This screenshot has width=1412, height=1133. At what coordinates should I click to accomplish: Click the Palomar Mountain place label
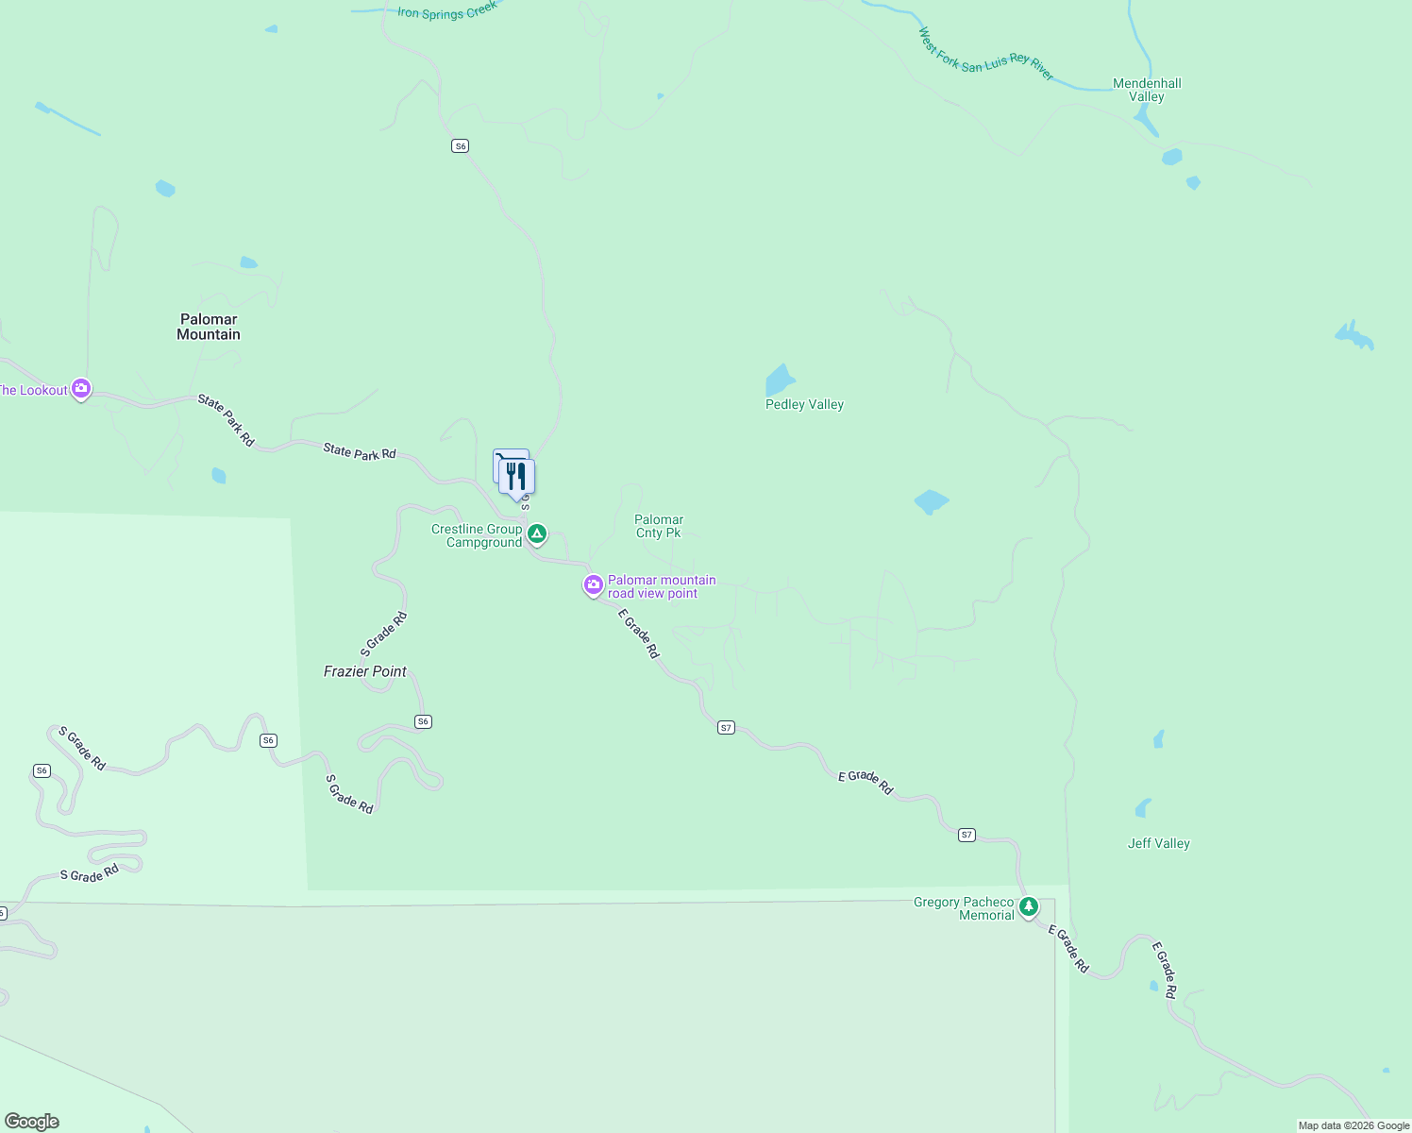(x=209, y=327)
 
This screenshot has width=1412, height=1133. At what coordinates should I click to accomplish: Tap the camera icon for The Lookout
(x=81, y=388)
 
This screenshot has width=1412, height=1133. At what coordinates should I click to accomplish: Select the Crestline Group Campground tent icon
(x=537, y=534)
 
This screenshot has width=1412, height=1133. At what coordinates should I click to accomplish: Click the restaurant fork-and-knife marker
(x=516, y=476)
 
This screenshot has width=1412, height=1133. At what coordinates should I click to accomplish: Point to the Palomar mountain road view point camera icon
(x=593, y=585)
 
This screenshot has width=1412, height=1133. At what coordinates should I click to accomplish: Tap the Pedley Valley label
(x=804, y=404)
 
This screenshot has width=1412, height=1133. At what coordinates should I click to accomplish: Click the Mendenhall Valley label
(x=1147, y=90)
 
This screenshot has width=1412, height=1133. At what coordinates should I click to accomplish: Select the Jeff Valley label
(x=1158, y=843)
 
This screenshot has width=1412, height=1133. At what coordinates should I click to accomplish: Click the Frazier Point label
(x=365, y=671)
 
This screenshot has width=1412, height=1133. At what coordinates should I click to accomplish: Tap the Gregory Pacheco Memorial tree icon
(x=1029, y=907)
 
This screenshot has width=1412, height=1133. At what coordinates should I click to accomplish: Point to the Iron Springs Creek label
(x=446, y=11)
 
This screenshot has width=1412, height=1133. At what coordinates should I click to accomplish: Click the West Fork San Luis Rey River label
(x=985, y=55)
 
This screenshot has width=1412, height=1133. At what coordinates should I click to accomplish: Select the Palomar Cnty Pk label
(x=659, y=526)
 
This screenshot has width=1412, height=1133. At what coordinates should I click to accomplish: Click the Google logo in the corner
(x=32, y=1122)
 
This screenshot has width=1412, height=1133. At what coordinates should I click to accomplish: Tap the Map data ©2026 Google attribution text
(x=1353, y=1125)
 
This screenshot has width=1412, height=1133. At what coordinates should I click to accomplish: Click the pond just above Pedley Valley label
(x=780, y=380)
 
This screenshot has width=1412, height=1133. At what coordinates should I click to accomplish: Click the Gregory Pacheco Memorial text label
(x=964, y=908)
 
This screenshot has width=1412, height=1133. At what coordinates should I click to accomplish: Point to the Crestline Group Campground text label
(x=477, y=535)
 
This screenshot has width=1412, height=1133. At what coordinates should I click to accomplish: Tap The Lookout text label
(x=33, y=390)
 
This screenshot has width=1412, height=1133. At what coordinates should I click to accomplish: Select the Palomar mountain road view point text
(x=662, y=586)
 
